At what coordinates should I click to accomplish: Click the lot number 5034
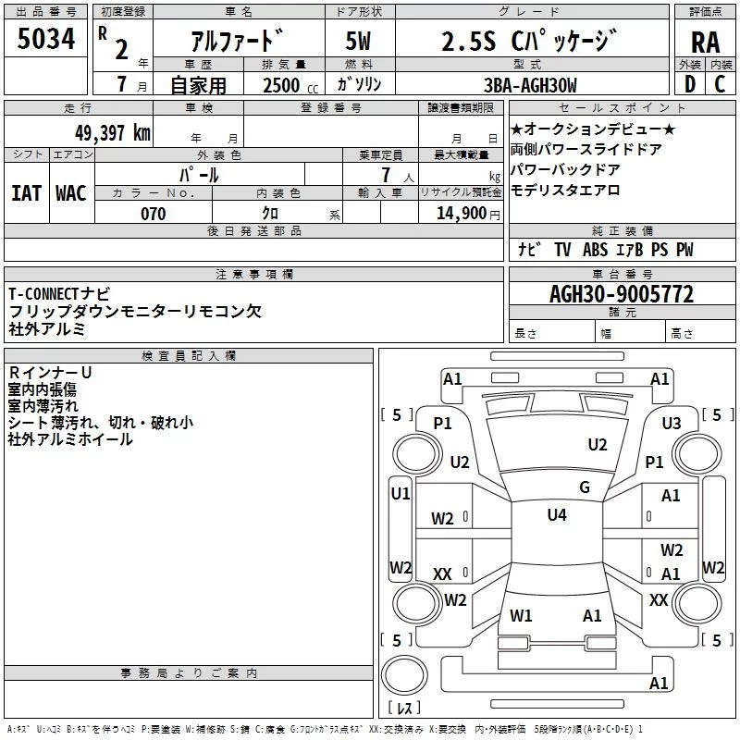(46, 39)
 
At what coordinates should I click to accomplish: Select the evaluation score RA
(705, 43)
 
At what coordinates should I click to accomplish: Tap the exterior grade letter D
(689, 85)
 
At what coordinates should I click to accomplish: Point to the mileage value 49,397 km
(112, 133)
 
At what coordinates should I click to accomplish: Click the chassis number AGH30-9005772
(621, 295)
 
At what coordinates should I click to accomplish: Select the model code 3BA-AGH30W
(530, 86)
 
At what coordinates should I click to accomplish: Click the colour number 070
(153, 214)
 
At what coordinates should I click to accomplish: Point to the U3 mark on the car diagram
(671, 423)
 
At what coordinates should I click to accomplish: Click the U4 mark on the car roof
(556, 515)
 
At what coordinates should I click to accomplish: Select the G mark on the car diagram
(584, 487)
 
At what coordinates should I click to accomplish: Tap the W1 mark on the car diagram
(521, 615)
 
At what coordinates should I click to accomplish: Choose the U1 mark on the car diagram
(400, 494)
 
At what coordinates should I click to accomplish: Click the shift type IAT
(26, 192)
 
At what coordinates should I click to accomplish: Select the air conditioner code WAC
(70, 192)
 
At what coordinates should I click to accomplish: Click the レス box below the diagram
(404, 708)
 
